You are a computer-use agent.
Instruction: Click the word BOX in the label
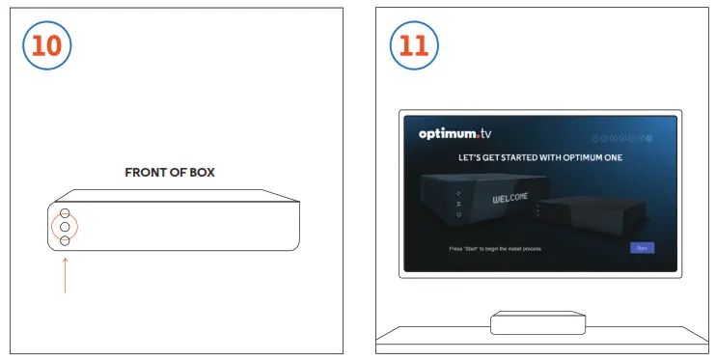point(200,173)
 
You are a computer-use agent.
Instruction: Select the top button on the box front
point(65,213)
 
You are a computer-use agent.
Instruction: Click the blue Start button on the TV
point(641,248)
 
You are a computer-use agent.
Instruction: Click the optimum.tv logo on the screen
point(454,134)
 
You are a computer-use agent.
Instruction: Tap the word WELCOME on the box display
point(510,199)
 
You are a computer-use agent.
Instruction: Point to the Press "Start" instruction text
point(495,249)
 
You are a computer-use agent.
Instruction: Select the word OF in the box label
point(175,173)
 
